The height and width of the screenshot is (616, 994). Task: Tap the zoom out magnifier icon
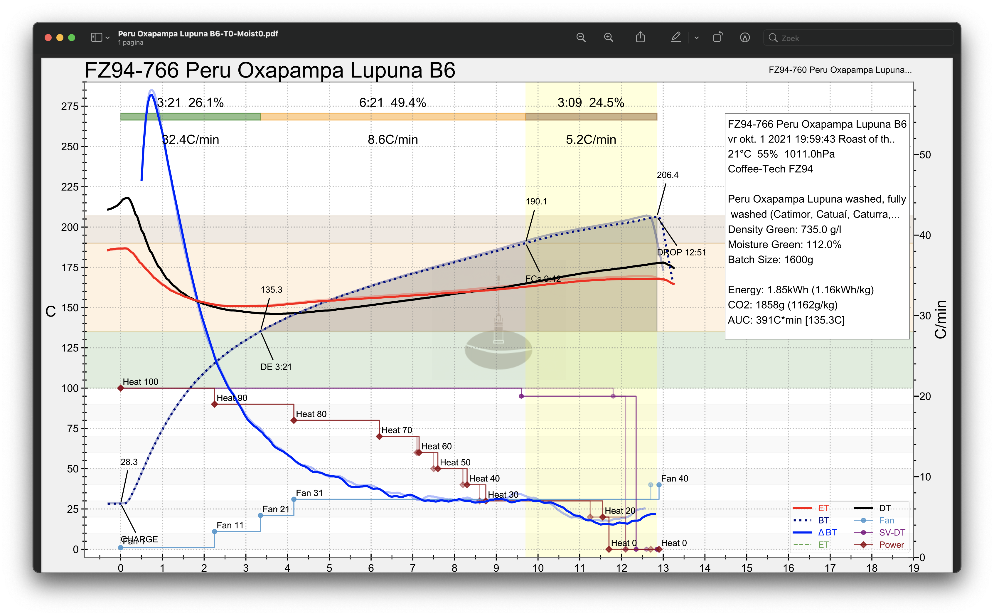point(581,38)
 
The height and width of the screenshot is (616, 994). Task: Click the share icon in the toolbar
point(641,38)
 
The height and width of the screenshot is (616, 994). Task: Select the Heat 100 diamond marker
point(121,388)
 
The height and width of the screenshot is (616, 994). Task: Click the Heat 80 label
point(311,414)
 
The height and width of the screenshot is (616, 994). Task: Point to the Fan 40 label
point(674,478)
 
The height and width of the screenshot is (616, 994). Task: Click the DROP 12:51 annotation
point(681,252)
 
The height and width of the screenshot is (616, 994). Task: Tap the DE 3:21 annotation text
point(276,367)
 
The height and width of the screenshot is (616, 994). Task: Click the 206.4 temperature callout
point(668,175)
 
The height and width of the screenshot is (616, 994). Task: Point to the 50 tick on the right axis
point(925,155)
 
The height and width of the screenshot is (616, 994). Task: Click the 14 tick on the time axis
point(705,568)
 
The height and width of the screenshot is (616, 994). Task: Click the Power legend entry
point(891,545)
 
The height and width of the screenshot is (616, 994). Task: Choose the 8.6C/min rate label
point(392,140)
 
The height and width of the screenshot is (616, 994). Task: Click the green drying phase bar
point(190,117)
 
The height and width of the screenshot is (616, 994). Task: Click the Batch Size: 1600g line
point(770,260)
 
